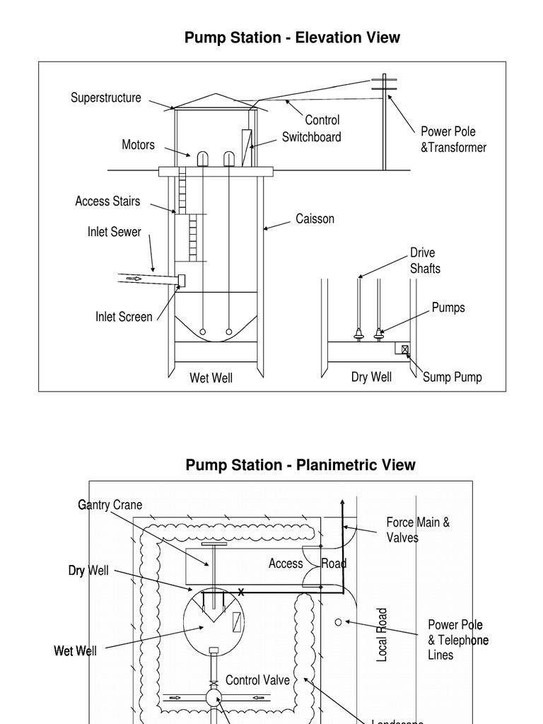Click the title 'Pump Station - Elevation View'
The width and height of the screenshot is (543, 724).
pos(292,37)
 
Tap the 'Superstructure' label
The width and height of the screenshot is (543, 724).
pos(105,98)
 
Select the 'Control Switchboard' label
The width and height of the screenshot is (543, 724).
pos(312,129)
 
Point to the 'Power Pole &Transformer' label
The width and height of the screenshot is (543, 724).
pos(453,139)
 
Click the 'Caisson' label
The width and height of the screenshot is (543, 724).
pos(315,218)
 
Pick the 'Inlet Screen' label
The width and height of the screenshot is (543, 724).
pos(124,317)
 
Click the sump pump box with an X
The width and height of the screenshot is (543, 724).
pos(405,349)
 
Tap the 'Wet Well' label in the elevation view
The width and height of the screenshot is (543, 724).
pos(211,378)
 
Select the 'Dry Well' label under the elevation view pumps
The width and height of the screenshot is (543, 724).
pos(371,377)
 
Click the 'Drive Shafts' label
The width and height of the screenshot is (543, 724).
pos(425,260)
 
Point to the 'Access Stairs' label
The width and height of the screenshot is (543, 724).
pos(107,201)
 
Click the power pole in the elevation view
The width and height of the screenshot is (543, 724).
pos(385,124)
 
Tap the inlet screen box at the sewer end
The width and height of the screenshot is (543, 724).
pos(181,281)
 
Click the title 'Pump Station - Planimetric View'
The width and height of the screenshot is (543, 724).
pos(300,465)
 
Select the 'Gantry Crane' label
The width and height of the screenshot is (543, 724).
pos(110,505)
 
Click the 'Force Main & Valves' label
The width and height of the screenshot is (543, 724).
pos(418,530)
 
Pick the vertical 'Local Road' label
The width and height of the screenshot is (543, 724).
pos(383,634)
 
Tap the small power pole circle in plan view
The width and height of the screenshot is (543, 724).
pos(338,621)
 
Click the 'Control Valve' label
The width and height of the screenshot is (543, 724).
pos(257,679)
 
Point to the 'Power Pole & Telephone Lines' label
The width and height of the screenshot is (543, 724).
pos(458,640)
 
